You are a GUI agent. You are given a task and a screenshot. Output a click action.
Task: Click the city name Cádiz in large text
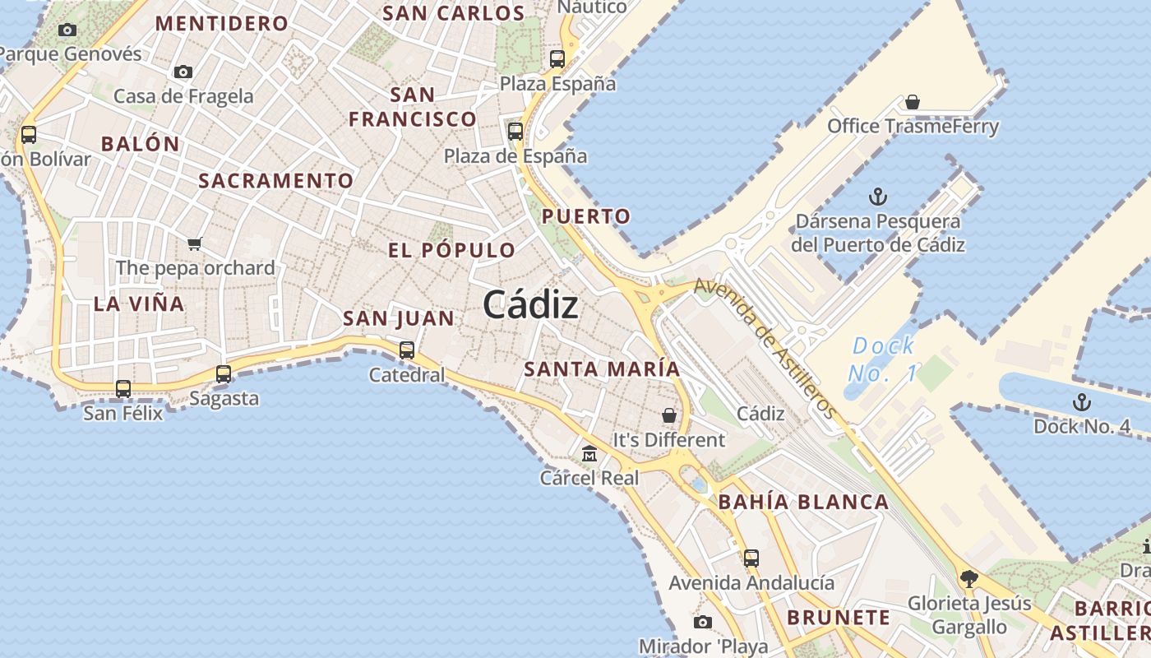[x=530, y=305]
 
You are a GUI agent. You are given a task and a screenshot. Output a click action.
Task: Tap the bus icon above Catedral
[x=406, y=350]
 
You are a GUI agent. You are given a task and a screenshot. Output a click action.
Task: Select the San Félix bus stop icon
[x=123, y=388]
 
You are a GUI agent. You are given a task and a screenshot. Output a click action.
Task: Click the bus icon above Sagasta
[x=223, y=373]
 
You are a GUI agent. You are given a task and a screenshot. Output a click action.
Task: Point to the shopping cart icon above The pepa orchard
[x=195, y=243]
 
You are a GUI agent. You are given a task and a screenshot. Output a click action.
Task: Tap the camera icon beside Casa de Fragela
[x=183, y=72]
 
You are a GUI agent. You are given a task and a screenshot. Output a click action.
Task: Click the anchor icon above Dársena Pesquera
[x=878, y=197]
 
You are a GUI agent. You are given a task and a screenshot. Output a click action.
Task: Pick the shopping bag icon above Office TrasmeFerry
[x=912, y=102]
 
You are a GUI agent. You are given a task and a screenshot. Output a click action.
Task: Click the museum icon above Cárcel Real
[x=589, y=453]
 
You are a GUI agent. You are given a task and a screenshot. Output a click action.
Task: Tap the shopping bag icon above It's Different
[x=669, y=415]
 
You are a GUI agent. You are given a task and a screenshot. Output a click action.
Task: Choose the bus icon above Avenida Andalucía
[x=751, y=558]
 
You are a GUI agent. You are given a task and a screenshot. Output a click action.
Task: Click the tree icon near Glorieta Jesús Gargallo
[x=969, y=578]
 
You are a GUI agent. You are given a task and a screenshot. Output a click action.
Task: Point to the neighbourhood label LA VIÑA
[x=139, y=304]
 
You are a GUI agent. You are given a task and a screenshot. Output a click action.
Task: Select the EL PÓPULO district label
[x=451, y=250]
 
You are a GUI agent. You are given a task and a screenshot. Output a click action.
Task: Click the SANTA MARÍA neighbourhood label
[x=602, y=369]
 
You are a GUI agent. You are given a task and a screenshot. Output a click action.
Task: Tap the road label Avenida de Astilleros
[x=765, y=348]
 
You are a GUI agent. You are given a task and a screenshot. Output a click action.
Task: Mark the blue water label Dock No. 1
[x=883, y=359]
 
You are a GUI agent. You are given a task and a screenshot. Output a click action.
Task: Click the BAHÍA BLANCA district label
[x=803, y=502]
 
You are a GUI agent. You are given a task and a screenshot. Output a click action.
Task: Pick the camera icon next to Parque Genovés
[x=67, y=30]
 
